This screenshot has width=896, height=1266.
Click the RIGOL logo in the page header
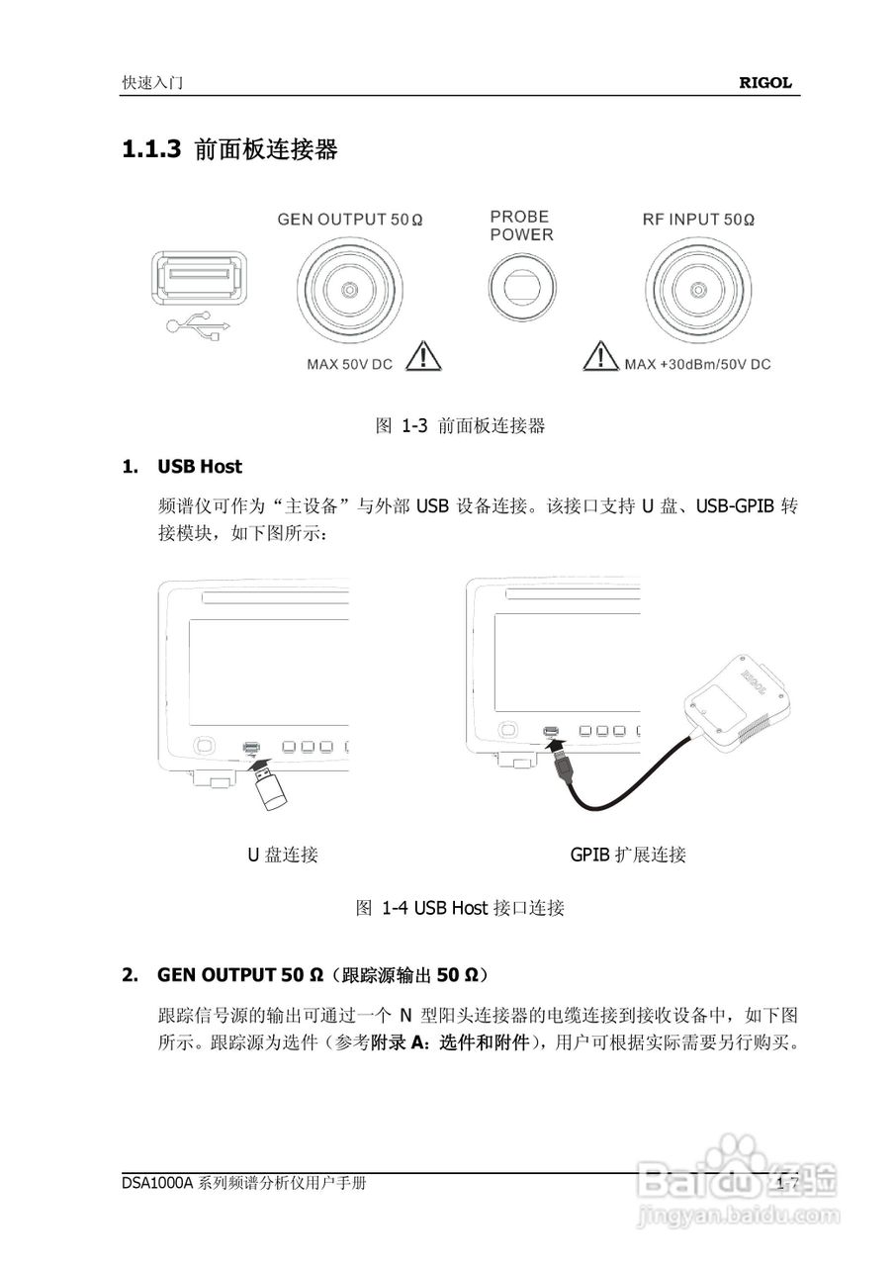coord(765,84)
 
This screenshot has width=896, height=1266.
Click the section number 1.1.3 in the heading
coord(151,150)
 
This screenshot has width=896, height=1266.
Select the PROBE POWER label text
coord(521,226)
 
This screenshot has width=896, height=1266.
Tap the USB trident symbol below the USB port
coord(198,327)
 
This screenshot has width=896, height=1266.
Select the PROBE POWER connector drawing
coord(521,290)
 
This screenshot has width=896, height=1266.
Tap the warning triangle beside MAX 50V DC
coord(424,355)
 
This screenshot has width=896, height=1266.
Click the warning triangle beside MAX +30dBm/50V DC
coord(599,355)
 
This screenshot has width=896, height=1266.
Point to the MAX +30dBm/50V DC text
coord(697,365)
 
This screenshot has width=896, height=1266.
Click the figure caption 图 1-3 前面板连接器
coord(461,426)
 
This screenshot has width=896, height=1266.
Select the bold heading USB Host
coord(200,466)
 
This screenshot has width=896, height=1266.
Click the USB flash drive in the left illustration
coord(268,787)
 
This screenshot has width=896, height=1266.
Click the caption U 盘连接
coord(282,855)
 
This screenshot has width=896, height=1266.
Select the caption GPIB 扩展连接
coord(628,855)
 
